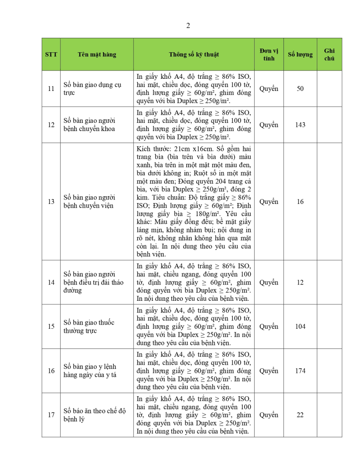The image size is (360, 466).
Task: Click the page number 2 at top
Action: [x=188, y=26]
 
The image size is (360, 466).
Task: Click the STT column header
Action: [x=51, y=54]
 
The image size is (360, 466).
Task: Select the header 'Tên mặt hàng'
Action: [x=97, y=54]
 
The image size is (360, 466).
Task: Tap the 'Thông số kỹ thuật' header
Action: [x=194, y=54]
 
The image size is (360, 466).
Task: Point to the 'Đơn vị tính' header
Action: [x=269, y=54]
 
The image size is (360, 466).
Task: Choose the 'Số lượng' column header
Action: [x=300, y=54]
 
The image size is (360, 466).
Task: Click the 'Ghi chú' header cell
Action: [x=329, y=54]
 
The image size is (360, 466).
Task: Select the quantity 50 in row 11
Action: [x=300, y=89]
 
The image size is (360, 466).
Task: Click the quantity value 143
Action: [x=300, y=125]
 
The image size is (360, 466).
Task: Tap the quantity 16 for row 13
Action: [x=300, y=202]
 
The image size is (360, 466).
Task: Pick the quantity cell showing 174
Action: [x=300, y=371]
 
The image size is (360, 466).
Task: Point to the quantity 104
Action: [x=300, y=327]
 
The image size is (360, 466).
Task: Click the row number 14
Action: [x=51, y=282]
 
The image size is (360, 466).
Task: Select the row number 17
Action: [x=51, y=415]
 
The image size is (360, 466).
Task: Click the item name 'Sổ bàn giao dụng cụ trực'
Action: [x=93, y=89]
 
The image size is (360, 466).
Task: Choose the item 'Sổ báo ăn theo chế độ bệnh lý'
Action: [x=94, y=415]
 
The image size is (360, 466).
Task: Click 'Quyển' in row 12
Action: [x=269, y=125]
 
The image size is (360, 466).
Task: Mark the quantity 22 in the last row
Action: [x=300, y=415]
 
